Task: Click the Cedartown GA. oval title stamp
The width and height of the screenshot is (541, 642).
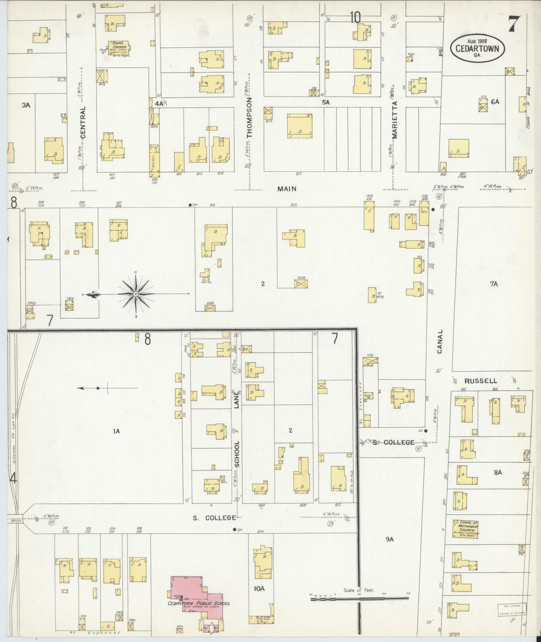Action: pyautogui.click(x=477, y=48)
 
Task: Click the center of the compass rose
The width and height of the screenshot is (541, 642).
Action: pyautogui.click(x=136, y=294)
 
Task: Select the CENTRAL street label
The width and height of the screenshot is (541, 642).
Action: pyautogui.click(x=83, y=122)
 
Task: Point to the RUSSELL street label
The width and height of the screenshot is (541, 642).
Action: pyautogui.click(x=481, y=381)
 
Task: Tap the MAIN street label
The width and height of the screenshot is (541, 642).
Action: pyautogui.click(x=287, y=189)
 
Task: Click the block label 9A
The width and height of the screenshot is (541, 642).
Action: pyautogui.click(x=389, y=549)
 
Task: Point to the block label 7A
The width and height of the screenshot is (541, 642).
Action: pyautogui.click(x=494, y=284)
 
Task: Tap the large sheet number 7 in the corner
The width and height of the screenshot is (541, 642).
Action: pyautogui.click(x=514, y=24)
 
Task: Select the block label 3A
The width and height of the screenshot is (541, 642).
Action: pyautogui.click(x=26, y=105)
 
